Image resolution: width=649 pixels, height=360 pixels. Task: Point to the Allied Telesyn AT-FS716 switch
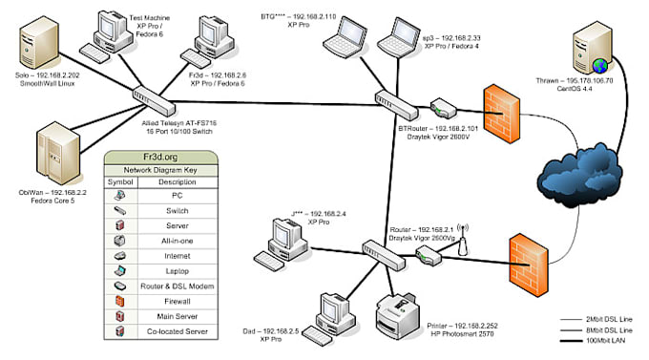click(153, 95)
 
